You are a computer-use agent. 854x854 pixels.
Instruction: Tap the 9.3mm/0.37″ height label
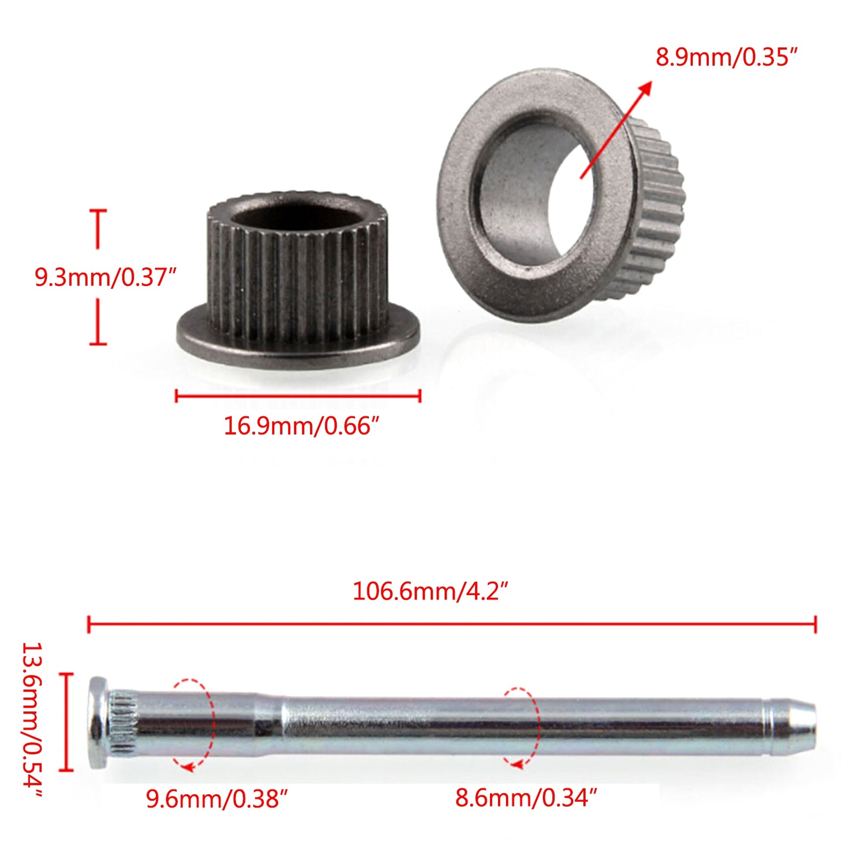tap(105, 278)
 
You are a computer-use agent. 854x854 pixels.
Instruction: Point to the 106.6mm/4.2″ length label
tap(430, 591)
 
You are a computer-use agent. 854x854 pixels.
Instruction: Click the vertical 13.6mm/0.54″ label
tap(32, 721)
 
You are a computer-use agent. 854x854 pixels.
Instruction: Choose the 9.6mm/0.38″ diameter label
tap(217, 799)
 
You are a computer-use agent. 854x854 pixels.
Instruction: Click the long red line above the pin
tap(452, 623)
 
